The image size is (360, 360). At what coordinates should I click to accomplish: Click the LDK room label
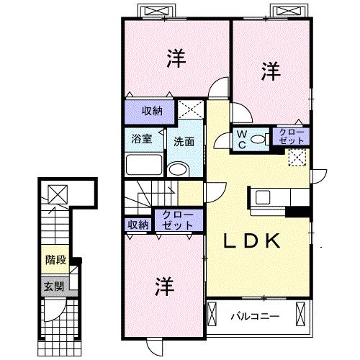tap(252, 240)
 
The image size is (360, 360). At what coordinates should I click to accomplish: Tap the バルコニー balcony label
tap(255, 316)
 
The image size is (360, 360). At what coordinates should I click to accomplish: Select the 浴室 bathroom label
tap(142, 139)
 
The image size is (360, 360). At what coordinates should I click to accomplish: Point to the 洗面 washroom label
tap(184, 142)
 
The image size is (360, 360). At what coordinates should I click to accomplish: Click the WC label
tap(242, 139)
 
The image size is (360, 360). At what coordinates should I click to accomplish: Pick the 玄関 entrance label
tap(54, 286)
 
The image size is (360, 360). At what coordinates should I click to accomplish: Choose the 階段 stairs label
tap(55, 260)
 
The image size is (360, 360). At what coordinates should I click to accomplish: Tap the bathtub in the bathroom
tap(144, 164)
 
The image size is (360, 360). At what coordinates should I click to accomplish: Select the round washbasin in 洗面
tap(178, 169)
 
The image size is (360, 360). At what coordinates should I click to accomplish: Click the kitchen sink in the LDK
tap(263, 197)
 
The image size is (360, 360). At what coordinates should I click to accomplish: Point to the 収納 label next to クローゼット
tap(138, 225)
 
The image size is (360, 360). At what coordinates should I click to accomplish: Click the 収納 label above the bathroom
tap(152, 111)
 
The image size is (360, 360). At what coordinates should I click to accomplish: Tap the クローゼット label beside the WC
tap(291, 137)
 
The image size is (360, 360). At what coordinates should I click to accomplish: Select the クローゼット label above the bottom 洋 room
tap(178, 220)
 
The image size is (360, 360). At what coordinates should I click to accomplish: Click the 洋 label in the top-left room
tap(176, 58)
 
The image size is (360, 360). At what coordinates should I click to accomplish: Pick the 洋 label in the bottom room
tap(165, 287)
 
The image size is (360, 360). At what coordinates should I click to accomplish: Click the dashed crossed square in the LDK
tap(297, 158)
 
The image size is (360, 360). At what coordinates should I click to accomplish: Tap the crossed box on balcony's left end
tap(212, 314)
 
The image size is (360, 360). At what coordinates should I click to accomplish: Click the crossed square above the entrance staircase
tap(58, 194)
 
